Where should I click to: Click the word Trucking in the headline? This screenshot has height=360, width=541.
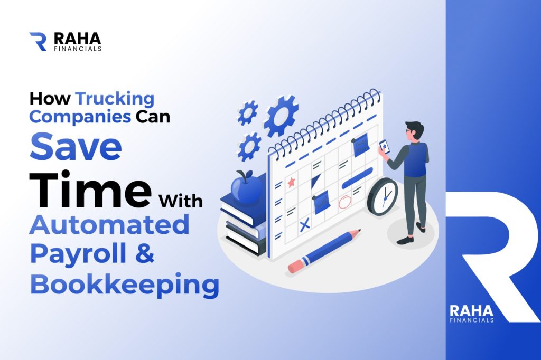point(115,99)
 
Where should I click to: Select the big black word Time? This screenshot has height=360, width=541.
point(90,189)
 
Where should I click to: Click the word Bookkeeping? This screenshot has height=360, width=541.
point(125,285)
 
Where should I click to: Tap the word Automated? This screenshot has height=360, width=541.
point(110,224)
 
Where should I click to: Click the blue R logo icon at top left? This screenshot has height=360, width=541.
point(38,41)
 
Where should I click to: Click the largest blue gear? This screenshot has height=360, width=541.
point(281,116)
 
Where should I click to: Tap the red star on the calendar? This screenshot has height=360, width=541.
point(291,182)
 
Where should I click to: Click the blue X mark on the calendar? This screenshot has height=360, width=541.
point(304,226)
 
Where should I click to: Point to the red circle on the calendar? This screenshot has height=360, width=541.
point(344,202)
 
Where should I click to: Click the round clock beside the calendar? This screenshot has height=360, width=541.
point(383,197)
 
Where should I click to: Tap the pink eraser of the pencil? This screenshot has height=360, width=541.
point(295,266)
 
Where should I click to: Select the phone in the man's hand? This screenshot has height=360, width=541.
point(384,147)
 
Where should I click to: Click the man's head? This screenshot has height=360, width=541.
point(414,131)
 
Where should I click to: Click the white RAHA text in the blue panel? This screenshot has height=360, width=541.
point(471,311)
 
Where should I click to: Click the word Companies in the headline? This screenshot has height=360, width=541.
point(80,117)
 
